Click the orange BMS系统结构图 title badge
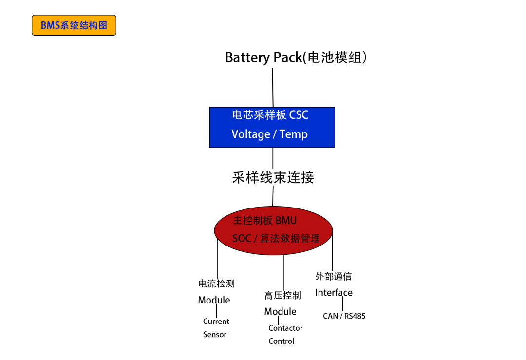[74, 25]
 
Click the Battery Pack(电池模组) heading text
[296, 57]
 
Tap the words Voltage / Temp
[269, 134]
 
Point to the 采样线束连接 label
[273, 177]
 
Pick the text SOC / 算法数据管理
[276, 238]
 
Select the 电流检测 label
[216, 284]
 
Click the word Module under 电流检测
[214, 300]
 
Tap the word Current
[216, 322]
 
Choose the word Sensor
[215, 335]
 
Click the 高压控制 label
[282, 295]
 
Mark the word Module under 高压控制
[280, 312]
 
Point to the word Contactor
[285, 328]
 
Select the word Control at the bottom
[281, 341]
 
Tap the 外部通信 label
[333, 277]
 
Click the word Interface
[334, 293]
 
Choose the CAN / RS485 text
[344, 316]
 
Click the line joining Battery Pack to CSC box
[272, 88]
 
